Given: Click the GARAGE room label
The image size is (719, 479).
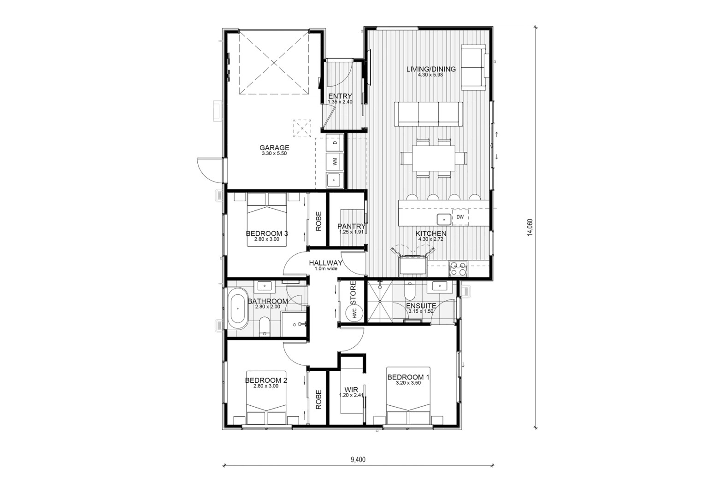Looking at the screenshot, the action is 274,147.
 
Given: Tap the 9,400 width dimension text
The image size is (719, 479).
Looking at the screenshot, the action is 358,460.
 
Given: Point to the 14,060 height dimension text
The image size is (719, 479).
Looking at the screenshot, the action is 530,228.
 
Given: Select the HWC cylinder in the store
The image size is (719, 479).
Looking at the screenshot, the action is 354,312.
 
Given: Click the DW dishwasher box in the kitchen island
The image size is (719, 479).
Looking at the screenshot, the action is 460,217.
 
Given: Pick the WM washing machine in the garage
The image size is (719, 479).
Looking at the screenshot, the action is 335,161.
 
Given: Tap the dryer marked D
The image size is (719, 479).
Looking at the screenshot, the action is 335,142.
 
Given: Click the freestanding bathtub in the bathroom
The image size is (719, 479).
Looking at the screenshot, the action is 238,308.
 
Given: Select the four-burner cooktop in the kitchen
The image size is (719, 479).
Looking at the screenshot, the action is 458,269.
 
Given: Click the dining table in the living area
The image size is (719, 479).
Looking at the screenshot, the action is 433,158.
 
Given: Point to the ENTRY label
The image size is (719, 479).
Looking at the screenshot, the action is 340,96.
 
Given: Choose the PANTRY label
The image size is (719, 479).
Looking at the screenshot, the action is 351,226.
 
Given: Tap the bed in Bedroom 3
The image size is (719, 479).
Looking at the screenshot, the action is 266,219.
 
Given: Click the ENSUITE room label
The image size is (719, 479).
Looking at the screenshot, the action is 421,306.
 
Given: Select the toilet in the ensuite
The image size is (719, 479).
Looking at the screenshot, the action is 410,291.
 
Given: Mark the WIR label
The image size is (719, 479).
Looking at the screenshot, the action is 351,390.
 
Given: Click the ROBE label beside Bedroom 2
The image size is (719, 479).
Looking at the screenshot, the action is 318,399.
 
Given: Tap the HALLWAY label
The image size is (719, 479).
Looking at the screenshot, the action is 325,263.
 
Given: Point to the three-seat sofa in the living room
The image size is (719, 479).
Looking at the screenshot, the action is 428,114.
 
